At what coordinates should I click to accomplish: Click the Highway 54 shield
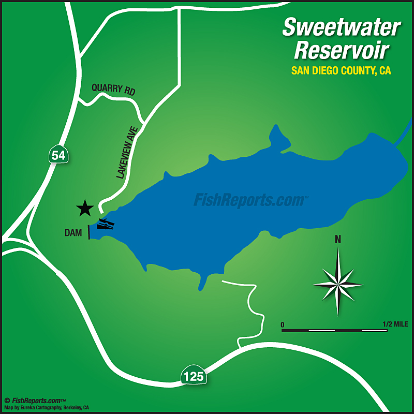tap(58, 154)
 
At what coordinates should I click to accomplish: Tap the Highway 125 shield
tap(194, 376)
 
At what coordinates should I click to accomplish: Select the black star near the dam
tap(85, 208)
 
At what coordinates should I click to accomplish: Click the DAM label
tap(73, 233)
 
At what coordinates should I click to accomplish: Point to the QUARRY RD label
tap(113, 89)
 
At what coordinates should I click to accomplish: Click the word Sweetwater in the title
tap(341, 27)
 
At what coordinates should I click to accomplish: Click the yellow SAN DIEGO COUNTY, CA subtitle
tap(341, 71)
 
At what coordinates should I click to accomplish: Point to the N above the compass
tap(338, 239)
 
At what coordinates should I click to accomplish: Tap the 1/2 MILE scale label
tap(395, 324)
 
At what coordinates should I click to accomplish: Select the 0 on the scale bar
tap(283, 324)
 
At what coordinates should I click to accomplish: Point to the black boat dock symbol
tap(106, 224)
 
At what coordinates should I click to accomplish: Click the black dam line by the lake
tap(89, 232)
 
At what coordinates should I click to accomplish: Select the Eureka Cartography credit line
tap(47, 407)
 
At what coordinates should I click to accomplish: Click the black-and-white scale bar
tap(334, 330)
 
